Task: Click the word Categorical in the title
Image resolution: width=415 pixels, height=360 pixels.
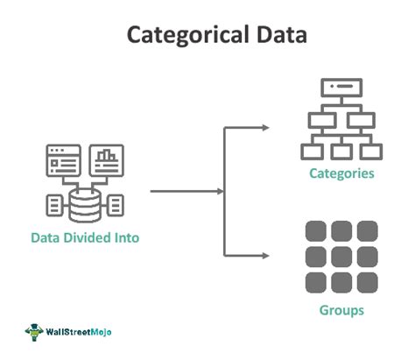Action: (182, 36)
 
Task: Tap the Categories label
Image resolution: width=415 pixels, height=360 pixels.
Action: (341, 173)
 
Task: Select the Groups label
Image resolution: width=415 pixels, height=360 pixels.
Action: (341, 311)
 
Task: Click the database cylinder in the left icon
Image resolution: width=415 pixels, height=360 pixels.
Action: (84, 204)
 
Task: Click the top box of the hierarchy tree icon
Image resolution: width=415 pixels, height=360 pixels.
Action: (341, 88)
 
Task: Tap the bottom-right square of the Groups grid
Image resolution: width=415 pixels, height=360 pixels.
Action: (367, 282)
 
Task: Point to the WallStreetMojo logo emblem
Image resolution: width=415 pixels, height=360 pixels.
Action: (34, 332)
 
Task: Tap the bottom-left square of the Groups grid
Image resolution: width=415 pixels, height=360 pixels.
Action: (316, 282)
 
